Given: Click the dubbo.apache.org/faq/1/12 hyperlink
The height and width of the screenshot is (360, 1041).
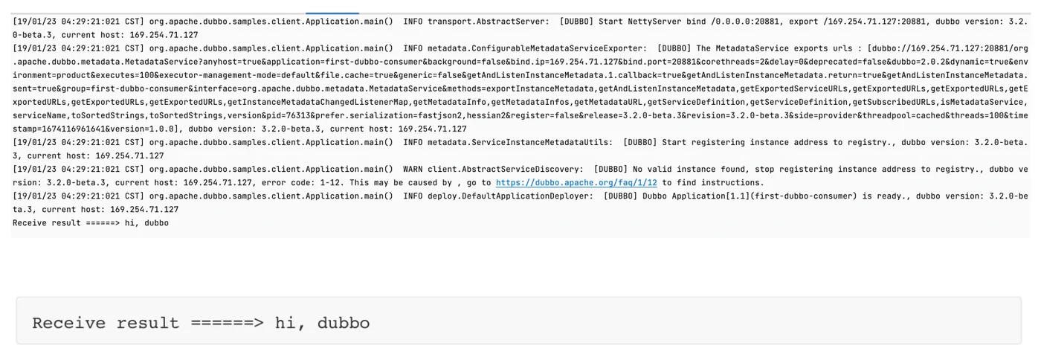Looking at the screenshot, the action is tap(576, 183).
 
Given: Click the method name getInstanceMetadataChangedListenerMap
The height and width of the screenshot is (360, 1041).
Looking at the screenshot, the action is tap(318, 103).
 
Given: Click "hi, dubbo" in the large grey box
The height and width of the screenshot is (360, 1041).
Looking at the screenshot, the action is tap(322, 324).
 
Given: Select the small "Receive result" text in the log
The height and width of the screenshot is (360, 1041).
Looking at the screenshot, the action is tap(47, 223).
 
